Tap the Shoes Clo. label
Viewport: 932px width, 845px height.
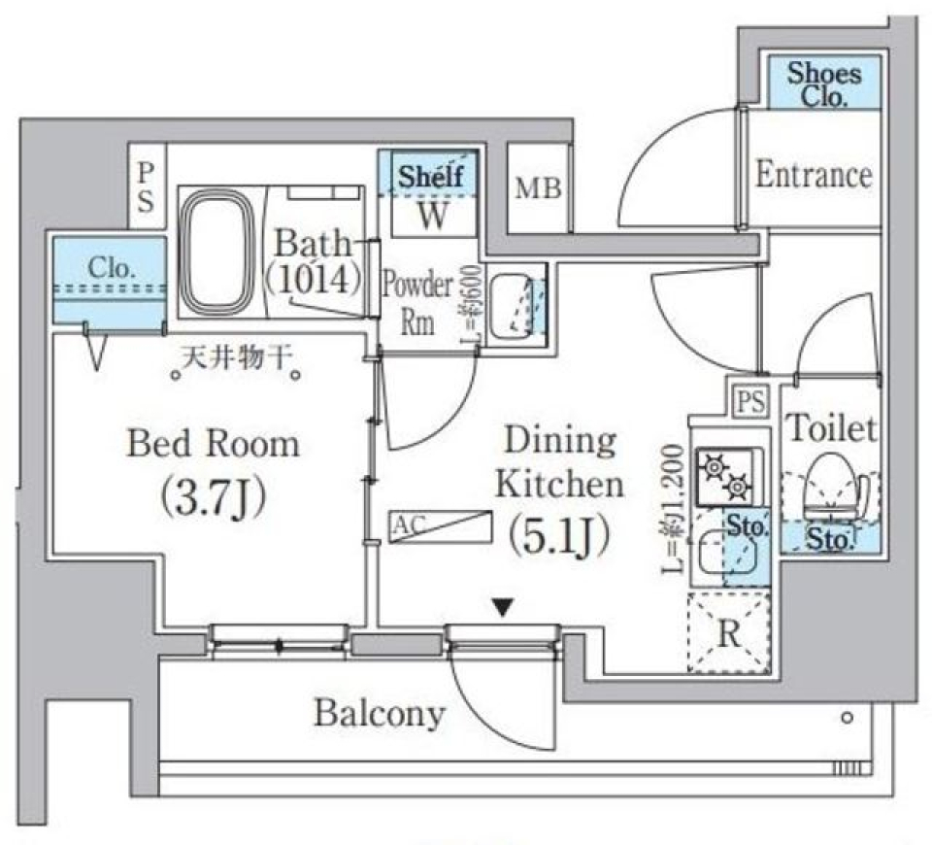[x=823, y=84]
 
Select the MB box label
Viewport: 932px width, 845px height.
[x=538, y=189]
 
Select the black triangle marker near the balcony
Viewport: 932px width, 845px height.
[x=502, y=608]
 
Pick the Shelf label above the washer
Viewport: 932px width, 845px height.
[x=433, y=177]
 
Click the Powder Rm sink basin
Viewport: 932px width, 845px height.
[x=511, y=307]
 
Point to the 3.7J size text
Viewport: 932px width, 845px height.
[x=214, y=496]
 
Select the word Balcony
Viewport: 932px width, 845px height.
[x=379, y=715]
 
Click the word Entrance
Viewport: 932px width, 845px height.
[x=814, y=176]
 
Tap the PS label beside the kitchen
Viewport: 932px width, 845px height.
[x=749, y=400]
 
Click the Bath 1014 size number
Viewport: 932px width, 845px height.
[x=316, y=280]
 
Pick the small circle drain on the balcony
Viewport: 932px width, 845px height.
[x=848, y=720]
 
